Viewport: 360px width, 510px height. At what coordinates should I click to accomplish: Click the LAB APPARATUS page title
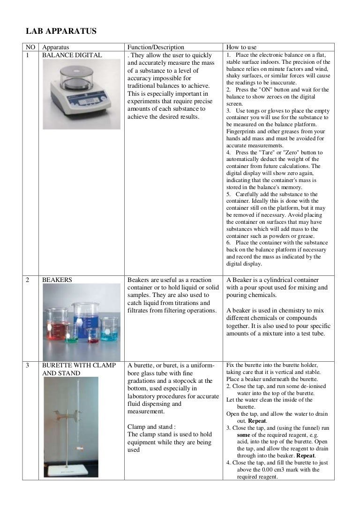60,32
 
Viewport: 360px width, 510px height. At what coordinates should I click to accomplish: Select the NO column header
30,47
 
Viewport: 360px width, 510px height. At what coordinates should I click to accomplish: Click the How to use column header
241,47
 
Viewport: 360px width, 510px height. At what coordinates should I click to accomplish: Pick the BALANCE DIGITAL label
70,55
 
